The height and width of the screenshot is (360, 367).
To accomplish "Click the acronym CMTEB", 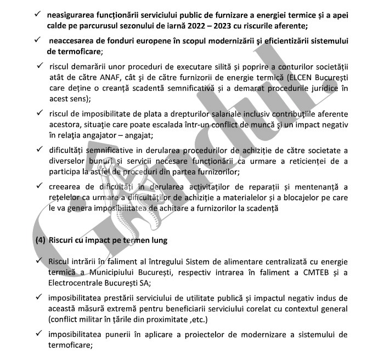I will pyautogui.click(x=311, y=273).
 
